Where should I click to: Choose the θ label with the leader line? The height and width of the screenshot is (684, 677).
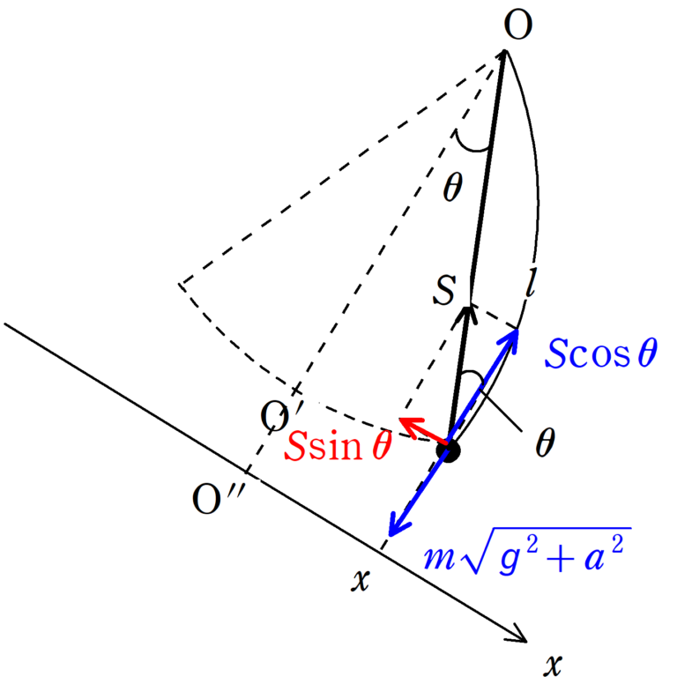[546, 442]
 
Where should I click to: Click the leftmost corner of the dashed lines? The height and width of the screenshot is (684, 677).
[181, 284]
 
